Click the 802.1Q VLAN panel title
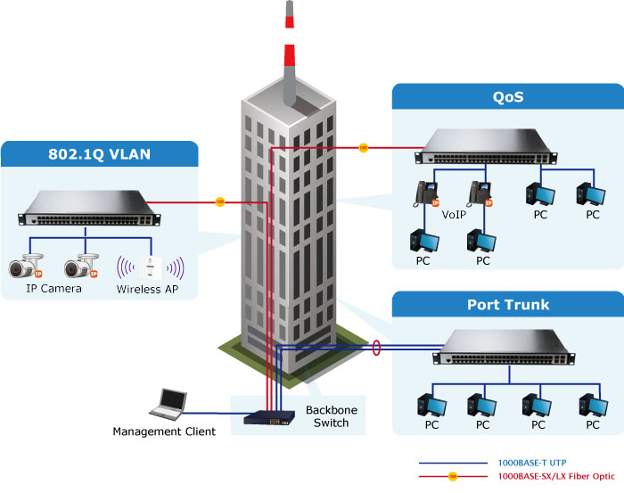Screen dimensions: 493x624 coord(99,153)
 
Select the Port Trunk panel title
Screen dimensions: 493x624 coord(508,304)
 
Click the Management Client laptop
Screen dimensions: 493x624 coord(168,405)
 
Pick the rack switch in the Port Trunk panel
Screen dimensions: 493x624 coord(504,348)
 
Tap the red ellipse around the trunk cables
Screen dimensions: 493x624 coord(377,347)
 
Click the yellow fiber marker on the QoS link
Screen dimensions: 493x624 coord(363,147)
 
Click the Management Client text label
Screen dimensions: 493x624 coord(164,432)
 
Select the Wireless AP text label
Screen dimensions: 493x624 coord(152,289)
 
